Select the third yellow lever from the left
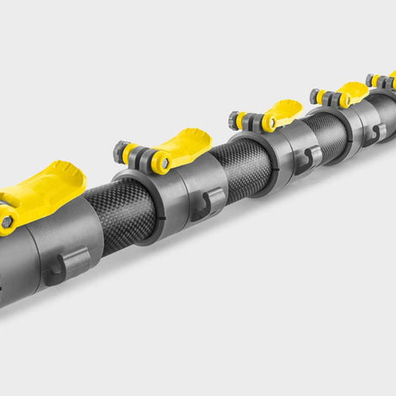pos(283,112)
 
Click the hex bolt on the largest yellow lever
pos(6,222)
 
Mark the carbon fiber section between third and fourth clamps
pos(325,129)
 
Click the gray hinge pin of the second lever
pos(162,161)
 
